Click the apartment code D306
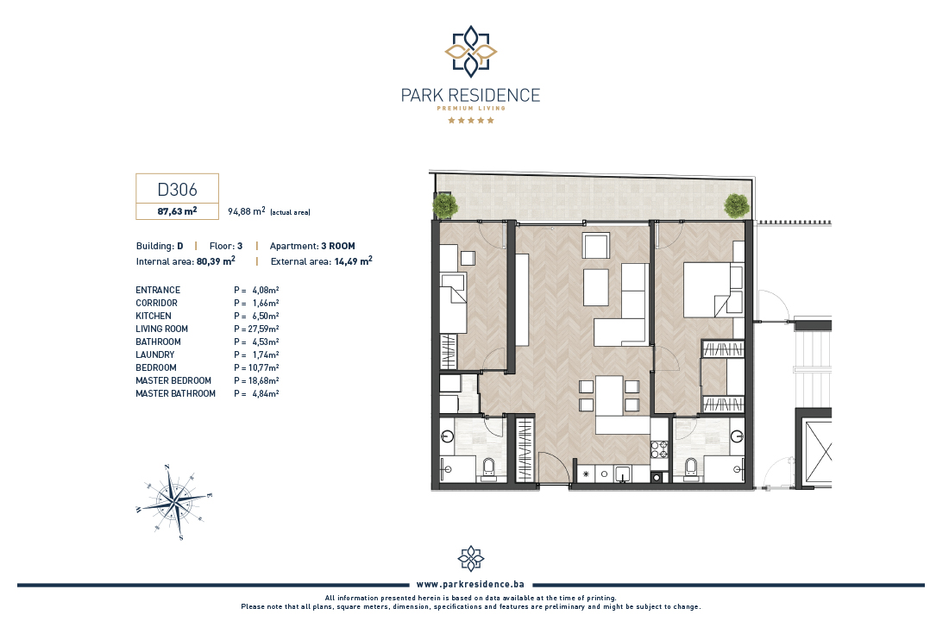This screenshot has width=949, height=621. [x=178, y=190]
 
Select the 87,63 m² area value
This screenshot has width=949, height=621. [x=178, y=211]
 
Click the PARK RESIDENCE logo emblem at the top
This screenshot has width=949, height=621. [x=471, y=52]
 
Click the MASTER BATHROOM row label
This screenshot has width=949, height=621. [x=175, y=393]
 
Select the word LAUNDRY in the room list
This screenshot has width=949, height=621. [x=155, y=354]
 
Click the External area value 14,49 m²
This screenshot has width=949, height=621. [x=354, y=261]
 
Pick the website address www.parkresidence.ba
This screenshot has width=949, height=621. [x=470, y=584]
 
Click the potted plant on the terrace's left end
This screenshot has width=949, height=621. [x=445, y=206]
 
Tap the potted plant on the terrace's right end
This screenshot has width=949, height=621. [x=737, y=206]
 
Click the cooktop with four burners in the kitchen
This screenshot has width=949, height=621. [x=659, y=449]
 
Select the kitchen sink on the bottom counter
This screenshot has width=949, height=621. [x=623, y=474]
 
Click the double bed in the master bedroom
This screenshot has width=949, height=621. [x=713, y=290]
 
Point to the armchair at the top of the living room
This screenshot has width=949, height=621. [x=595, y=246]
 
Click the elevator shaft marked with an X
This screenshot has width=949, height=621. [x=818, y=453]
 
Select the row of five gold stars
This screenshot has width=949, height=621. [x=471, y=121]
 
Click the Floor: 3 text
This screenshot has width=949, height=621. [x=226, y=246]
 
